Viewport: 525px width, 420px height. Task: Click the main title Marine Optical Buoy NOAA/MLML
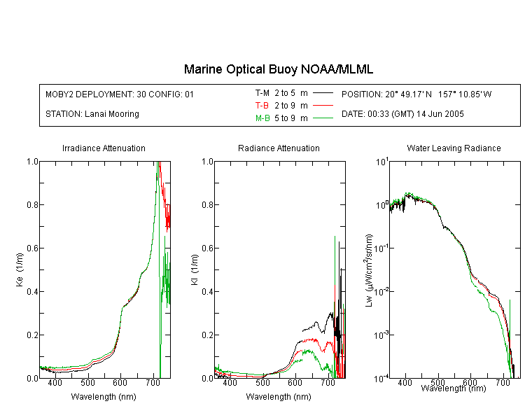(x=278, y=69)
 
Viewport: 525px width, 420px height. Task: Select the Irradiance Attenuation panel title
(x=104, y=148)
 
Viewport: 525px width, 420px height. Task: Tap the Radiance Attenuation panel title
(x=279, y=148)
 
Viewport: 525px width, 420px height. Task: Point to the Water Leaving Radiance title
(x=454, y=148)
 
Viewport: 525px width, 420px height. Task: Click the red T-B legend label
(x=262, y=106)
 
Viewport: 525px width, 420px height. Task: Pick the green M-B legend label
(x=262, y=118)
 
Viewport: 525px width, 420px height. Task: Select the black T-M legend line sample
(x=323, y=93)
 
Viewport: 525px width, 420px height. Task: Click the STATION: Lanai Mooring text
(x=92, y=114)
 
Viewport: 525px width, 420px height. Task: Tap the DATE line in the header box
(x=402, y=114)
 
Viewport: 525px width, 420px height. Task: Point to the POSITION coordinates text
(x=416, y=94)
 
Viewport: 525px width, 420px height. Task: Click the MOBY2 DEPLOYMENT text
(x=120, y=94)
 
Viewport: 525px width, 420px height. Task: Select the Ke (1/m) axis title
(x=20, y=269)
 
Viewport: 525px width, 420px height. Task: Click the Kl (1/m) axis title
(x=194, y=269)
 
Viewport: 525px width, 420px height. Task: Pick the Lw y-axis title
(x=369, y=270)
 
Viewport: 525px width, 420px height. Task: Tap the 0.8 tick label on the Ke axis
(x=32, y=204)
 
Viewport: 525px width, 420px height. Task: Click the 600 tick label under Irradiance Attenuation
(x=120, y=382)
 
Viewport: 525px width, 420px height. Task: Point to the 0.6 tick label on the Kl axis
(x=207, y=248)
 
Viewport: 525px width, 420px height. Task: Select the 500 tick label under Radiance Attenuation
(x=262, y=382)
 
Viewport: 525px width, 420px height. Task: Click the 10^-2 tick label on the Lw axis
(x=381, y=290)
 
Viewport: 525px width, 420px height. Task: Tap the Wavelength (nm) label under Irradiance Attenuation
(x=104, y=397)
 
